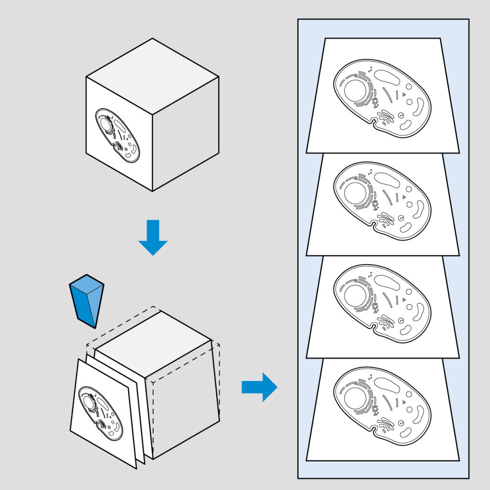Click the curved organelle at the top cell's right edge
(x=421, y=108)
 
